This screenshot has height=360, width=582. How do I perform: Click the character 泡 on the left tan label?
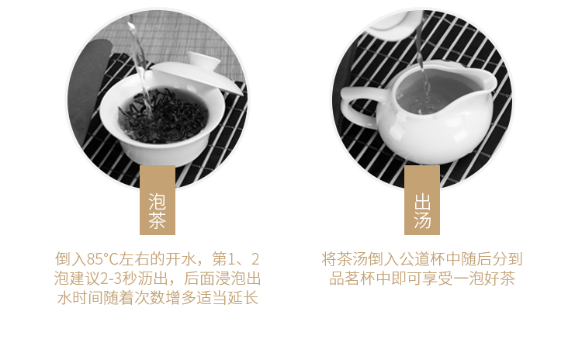click(x=157, y=202)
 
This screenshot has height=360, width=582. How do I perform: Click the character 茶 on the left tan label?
click(x=157, y=220)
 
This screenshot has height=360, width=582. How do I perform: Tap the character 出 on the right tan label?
click(x=422, y=202)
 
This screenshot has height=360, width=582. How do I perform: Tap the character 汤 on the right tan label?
click(x=422, y=220)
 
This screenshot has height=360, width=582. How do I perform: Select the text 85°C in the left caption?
click(x=102, y=259)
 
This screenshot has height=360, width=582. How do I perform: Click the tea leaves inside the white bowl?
click(x=163, y=116)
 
